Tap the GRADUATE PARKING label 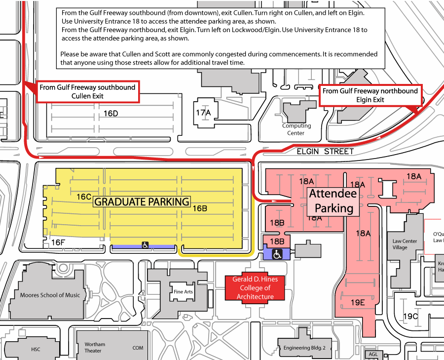pyautogui.click(x=142, y=201)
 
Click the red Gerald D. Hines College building pyautogui.click(x=255, y=288)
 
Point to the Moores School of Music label pyautogui.click(x=49, y=295)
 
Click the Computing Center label pyautogui.click(x=296, y=129)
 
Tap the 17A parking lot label pyautogui.click(x=203, y=113)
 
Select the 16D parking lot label pyautogui.click(x=111, y=114)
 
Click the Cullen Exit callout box pyautogui.click(x=87, y=92)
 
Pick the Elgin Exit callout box pyautogui.click(x=370, y=95)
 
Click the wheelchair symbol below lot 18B pyautogui.click(x=277, y=254)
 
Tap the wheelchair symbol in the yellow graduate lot pyautogui.click(x=146, y=245)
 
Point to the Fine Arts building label pyautogui.click(x=183, y=292)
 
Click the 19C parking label pyautogui.click(x=411, y=316)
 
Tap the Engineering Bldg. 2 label pyautogui.click(x=304, y=348)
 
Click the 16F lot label pyautogui.click(x=58, y=242)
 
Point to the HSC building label pyautogui.click(x=36, y=350)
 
